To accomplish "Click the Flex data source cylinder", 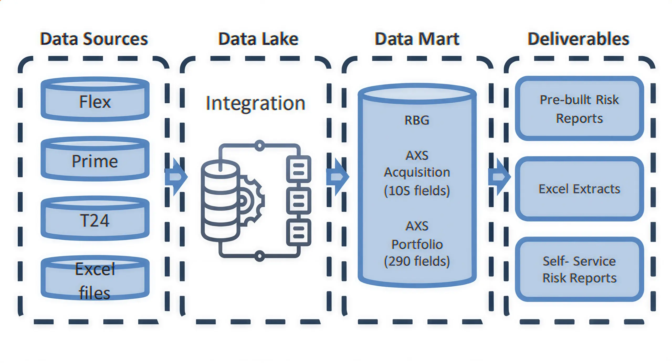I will point(95,100).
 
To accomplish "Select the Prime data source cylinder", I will point(95,159).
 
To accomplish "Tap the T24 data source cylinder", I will point(95,219).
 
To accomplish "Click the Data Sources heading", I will point(94,39).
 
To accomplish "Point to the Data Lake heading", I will point(258,39).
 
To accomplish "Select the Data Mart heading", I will point(417,39).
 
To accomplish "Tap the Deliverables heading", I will point(578,39).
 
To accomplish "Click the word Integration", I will point(255,103).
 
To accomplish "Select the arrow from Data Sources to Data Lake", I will point(176,177).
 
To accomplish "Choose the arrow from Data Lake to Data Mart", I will point(338,177).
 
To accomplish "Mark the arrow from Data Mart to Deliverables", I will point(500,177).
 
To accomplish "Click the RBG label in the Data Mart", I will point(417,120).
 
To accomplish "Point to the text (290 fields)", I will point(417,261).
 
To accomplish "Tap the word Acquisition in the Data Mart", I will point(417,172).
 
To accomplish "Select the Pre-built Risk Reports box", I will point(579,108).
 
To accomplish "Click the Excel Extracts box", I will point(579,189).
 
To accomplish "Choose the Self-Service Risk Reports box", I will point(579,269).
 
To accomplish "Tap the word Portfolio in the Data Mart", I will point(417,244).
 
